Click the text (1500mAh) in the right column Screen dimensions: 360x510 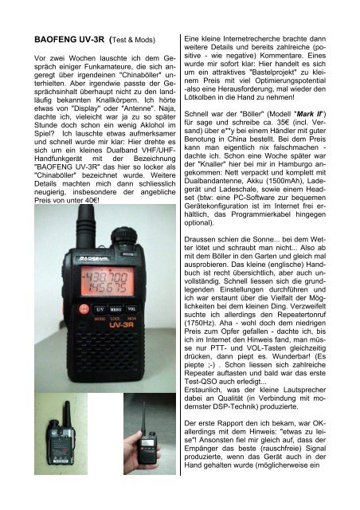tap(296, 181)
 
